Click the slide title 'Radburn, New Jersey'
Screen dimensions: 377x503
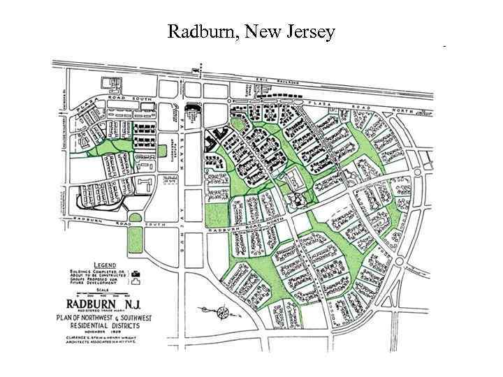click(x=251, y=31)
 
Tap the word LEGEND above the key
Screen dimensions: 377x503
click(x=105, y=266)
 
